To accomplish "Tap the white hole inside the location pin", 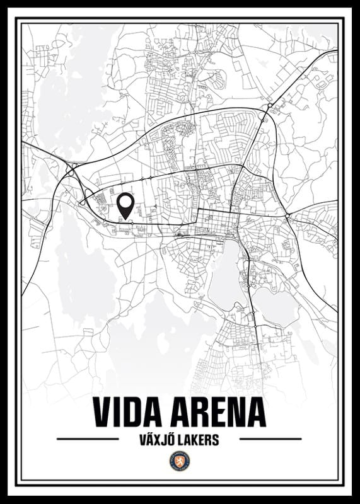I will tap(126, 202).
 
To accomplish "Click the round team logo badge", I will tap(180, 462).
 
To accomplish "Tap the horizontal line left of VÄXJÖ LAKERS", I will tap(88, 438).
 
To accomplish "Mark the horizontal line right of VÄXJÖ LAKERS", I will tap(270, 438).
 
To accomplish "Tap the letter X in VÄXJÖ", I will tap(156, 440).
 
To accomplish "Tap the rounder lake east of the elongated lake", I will tap(276, 306).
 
